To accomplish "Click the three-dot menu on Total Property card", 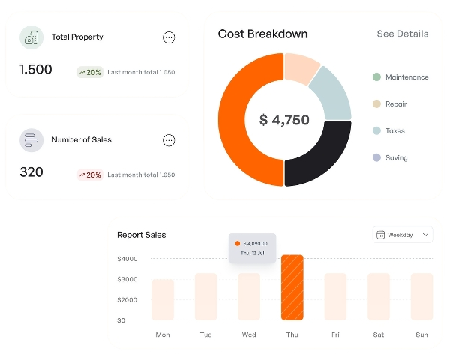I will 169,37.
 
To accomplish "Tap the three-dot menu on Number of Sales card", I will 169,140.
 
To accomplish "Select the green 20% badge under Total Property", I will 89,73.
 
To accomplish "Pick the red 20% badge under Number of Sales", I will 89,175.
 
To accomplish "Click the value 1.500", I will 36,70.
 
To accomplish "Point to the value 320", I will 31,172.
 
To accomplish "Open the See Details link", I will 402,34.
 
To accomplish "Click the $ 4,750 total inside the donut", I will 284,120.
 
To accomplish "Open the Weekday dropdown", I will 403,235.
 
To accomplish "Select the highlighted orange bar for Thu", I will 292,287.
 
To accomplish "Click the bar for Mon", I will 163,299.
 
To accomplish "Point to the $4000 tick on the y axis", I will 127,259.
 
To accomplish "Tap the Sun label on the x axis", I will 421,334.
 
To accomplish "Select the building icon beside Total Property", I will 31,37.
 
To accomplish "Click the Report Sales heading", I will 142,235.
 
